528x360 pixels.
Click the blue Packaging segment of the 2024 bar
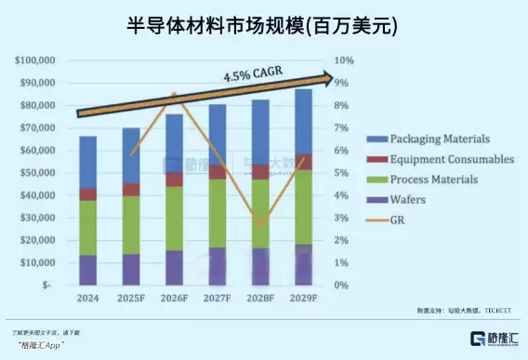[87, 162]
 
